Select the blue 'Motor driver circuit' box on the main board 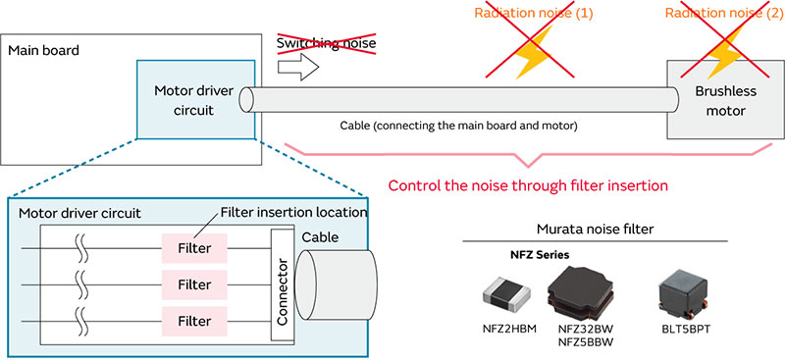tap(197, 99)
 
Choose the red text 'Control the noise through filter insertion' tap(529, 185)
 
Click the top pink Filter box tap(193, 249)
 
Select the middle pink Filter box tap(193, 284)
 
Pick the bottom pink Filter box tap(193, 321)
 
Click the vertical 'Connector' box tap(282, 284)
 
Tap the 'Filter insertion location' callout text tap(293, 213)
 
